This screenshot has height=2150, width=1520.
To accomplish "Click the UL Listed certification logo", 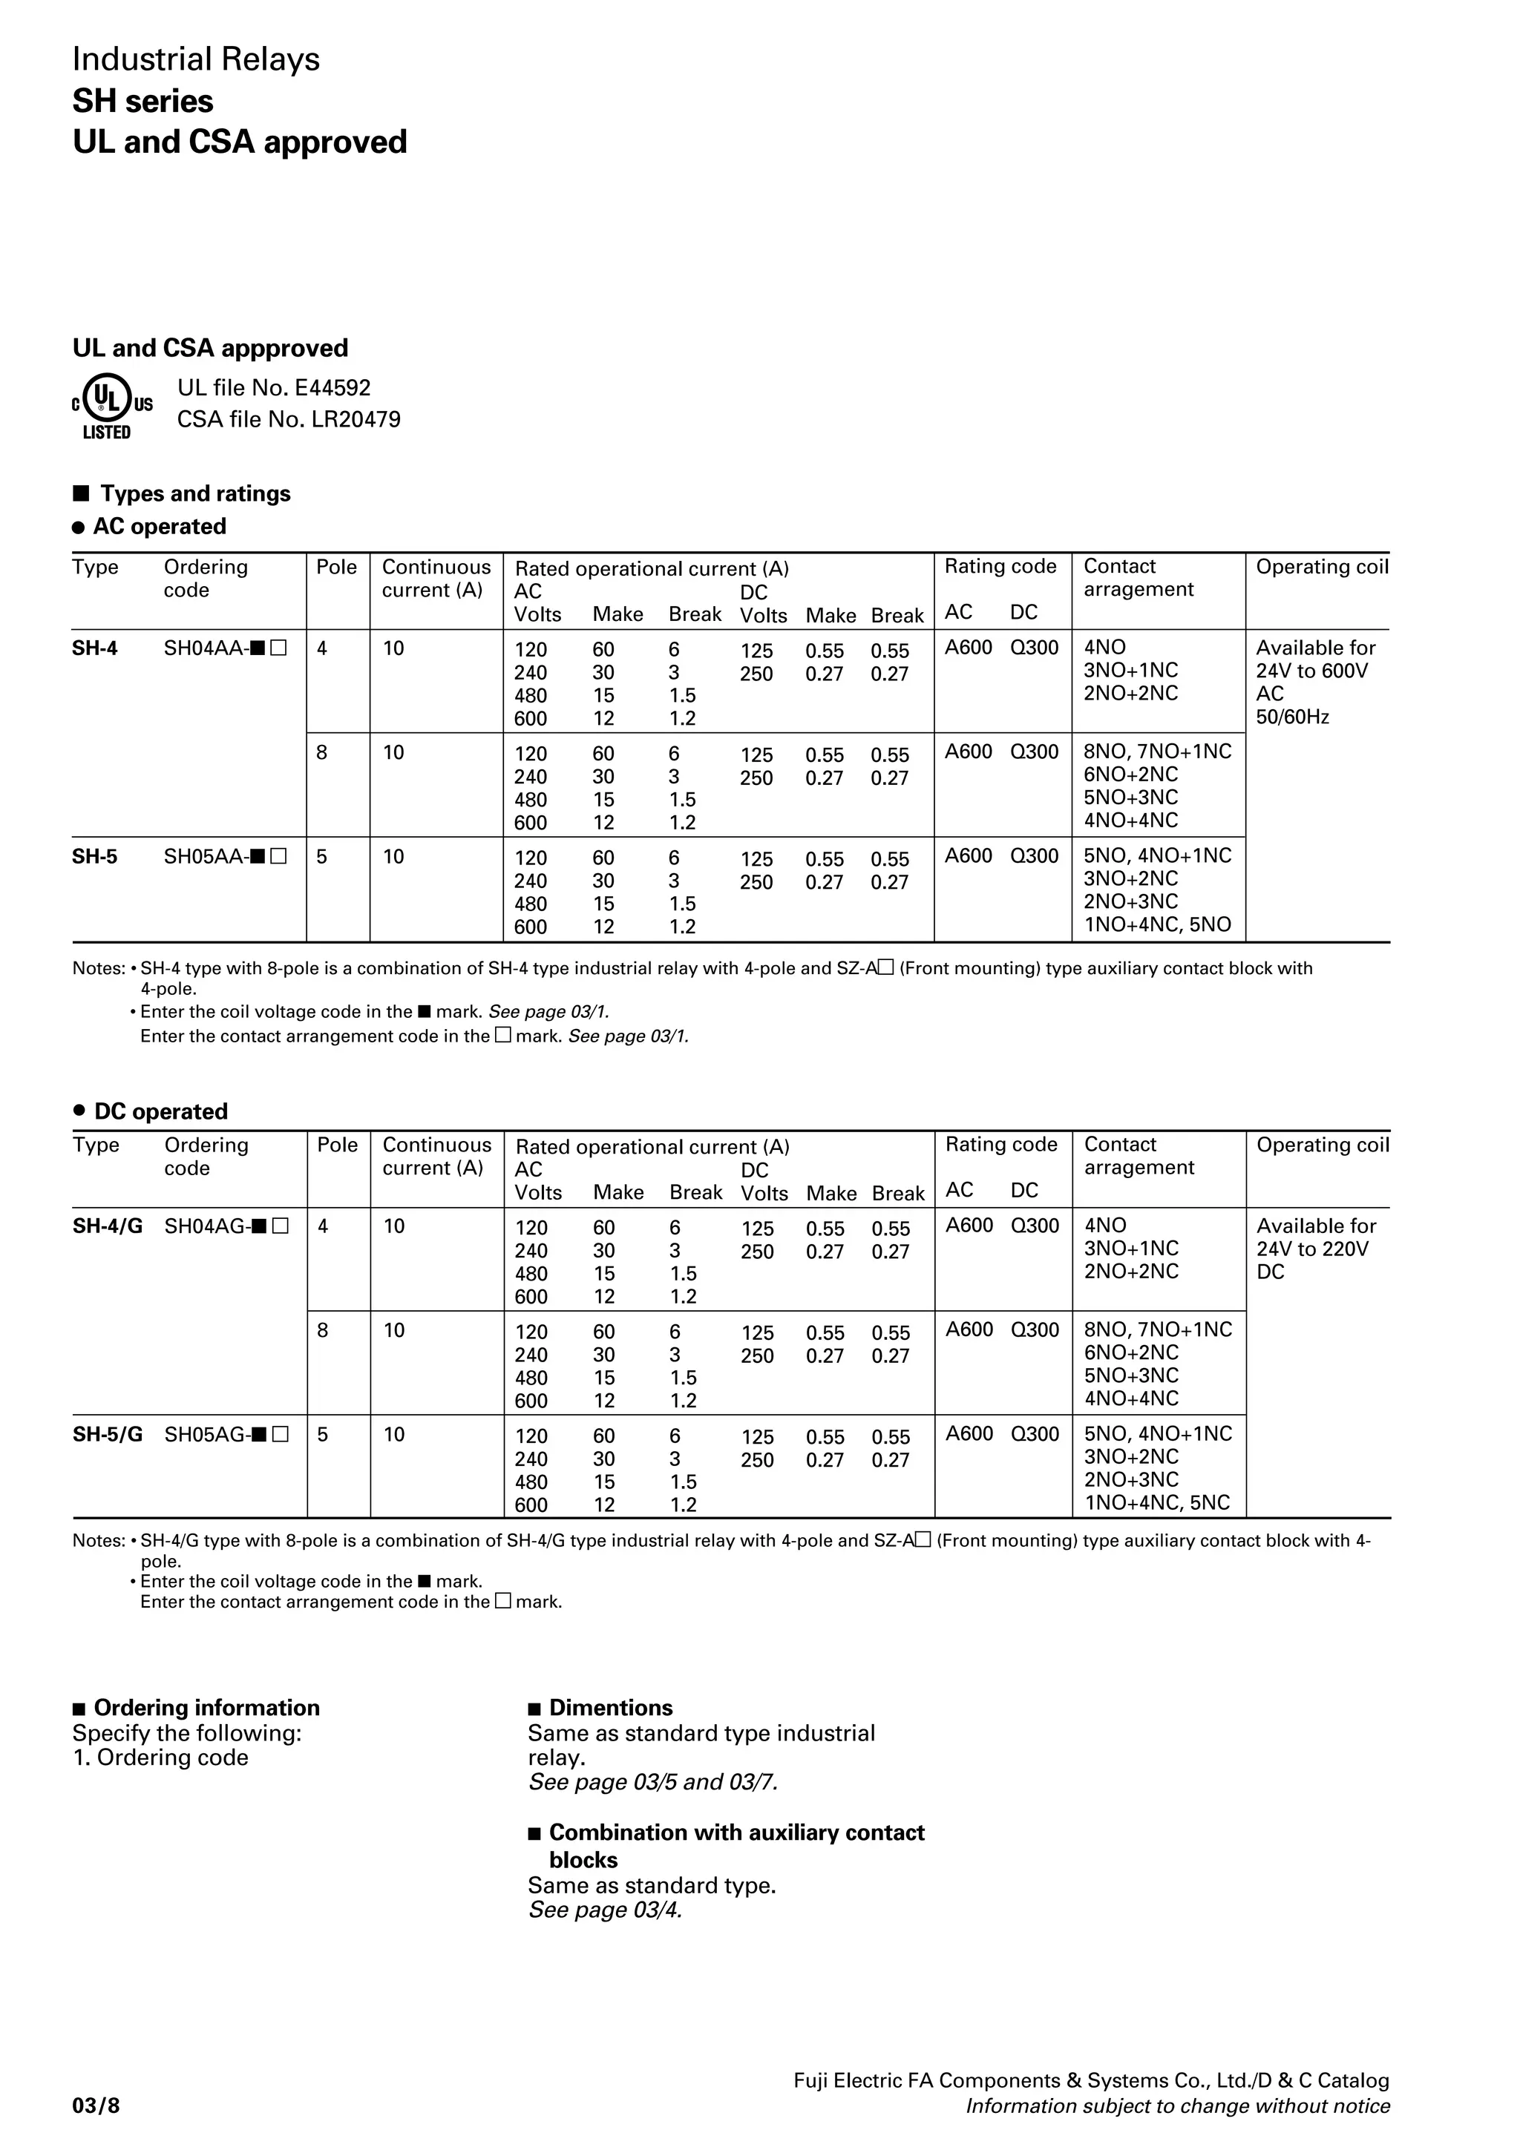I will pyautogui.click(x=111, y=406).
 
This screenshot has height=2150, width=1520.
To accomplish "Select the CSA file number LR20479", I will pyautogui.click(x=289, y=419).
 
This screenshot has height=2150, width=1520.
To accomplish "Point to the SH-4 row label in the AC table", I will pyautogui.click(x=94, y=648).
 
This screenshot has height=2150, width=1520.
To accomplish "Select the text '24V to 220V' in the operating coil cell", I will pyautogui.click(x=1312, y=1249).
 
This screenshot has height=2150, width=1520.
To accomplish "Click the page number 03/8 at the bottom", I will pyautogui.click(x=96, y=2106).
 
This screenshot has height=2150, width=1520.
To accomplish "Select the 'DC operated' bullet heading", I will pyautogui.click(x=160, y=1111).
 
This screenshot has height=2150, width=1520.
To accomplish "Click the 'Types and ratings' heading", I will pyautogui.click(x=194, y=493).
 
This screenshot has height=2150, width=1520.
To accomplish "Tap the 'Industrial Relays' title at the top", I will pyautogui.click(x=196, y=60).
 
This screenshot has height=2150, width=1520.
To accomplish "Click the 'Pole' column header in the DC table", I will pyautogui.click(x=337, y=1145).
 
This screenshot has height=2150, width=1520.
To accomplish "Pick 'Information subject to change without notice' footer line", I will pyautogui.click(x=1177, y=2106).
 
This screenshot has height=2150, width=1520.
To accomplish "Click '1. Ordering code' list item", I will pyautogui.click(x=160, y=1758).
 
